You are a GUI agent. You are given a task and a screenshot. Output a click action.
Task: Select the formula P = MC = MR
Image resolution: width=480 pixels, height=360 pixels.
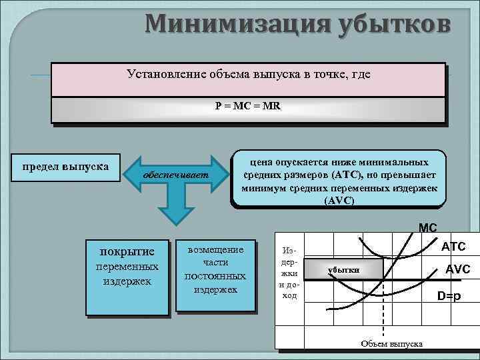pyautogui.click(x=248, y=106)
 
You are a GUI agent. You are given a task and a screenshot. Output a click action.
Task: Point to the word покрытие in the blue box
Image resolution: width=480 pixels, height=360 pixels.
pyautogui.click(x=127, y=251)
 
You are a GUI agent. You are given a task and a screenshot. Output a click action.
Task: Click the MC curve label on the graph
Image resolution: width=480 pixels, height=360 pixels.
pyautogui.click(x=427, y=228)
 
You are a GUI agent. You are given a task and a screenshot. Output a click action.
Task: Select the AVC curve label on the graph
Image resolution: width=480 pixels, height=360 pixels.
pyautogui.click(x=457, y=269)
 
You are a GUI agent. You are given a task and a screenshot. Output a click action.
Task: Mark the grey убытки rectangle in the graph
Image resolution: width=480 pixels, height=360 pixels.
pyautogui.click(x=344, y=269)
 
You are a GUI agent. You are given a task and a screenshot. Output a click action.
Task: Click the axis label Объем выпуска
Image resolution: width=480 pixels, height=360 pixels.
pyautogui.click(x=391, y=343)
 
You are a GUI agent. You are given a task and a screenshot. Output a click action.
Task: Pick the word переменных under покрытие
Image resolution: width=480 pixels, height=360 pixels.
pyautogui.click(x=127, y=267)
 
